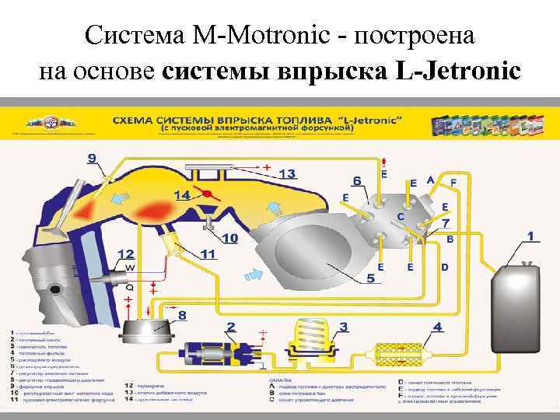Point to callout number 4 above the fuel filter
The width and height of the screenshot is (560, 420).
click(437, 327)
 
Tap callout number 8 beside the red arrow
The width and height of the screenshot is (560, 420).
click(181, 316)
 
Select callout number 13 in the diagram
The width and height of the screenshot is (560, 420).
click(286, 173)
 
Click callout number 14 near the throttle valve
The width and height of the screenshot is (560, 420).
click(182, 194)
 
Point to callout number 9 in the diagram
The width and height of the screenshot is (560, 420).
click(93, 159)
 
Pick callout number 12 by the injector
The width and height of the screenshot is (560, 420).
click(126, 254)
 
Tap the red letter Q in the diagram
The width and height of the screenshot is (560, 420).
click(129, 286)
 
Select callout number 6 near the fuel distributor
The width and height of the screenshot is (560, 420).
click(357, 180)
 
